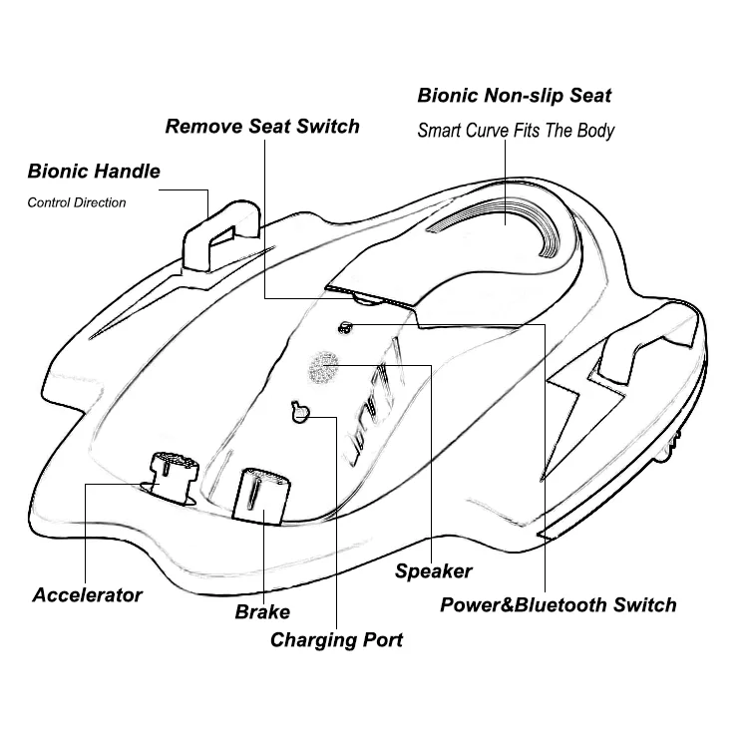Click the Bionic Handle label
[x=94, y=171]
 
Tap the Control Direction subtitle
[x=77, y=202]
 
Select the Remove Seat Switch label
[x=262, y=127]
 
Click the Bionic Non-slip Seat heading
[x=515, y=97]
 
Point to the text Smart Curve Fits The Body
[x=516, y=131]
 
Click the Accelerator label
[x=88, y=595]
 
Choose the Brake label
[x=262, y=611]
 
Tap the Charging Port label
[x=337, y=639]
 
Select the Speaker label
[x=434, y=571]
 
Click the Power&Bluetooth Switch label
[x=559, y=604]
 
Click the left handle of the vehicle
[x=219, y=235]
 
